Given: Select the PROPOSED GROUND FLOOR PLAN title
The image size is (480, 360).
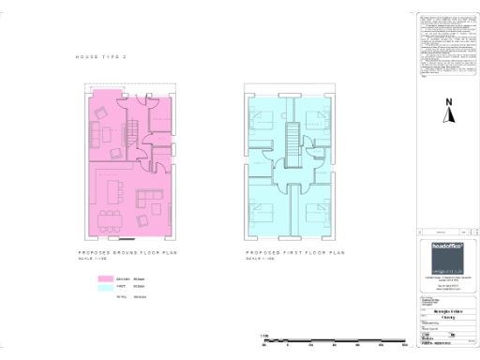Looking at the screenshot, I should point(126,253).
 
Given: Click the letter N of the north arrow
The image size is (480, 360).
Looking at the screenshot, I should point(449,102).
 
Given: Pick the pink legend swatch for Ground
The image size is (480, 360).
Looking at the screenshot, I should point(104,279).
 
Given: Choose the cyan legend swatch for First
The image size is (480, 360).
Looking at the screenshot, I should point(104,288).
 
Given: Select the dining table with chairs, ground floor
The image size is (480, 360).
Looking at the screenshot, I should point(110,219).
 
